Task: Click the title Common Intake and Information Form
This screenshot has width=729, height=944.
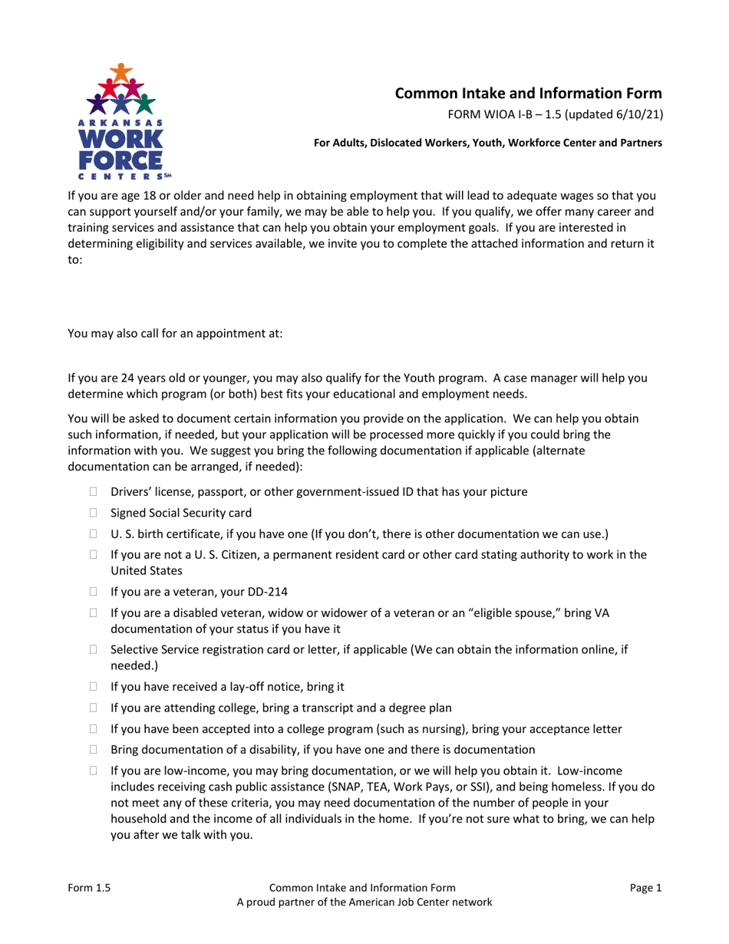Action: (x=528, y=94)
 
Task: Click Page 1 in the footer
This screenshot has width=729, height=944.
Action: (x=645, y=888)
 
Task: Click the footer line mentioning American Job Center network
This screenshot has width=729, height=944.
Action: (x=364, y=903)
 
